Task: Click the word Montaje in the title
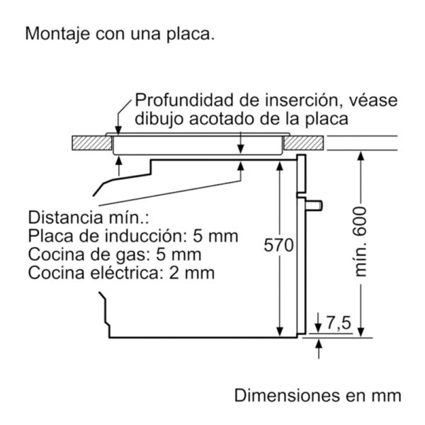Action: [57, 34]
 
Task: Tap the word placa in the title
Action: [190, 34]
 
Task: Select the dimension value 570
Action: [278, 245]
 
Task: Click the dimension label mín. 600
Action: [361, 242]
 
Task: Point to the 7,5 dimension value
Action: [339, 323]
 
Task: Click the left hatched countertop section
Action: [92, 143]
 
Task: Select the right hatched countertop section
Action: [304, 143]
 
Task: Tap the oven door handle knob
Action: [314, 205]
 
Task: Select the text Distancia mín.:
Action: [89, 217]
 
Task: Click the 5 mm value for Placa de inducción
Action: [215, 236]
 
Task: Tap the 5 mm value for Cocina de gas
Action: [178, 254]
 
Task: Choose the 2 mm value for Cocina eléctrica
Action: [192, 273]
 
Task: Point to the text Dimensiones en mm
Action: [317, 395]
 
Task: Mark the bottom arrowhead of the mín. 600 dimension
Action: [361, 332]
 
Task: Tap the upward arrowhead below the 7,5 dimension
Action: [319, 343]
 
